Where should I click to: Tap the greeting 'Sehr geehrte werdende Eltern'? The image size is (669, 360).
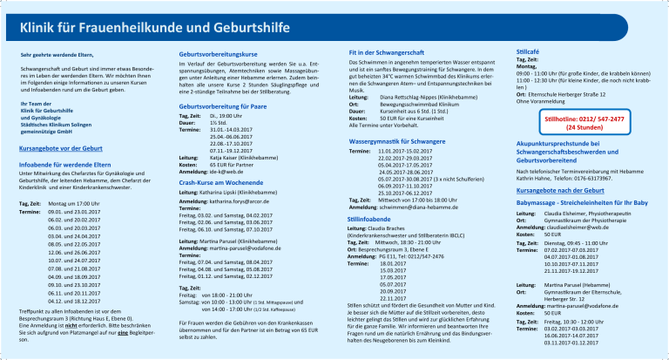click(57, 56)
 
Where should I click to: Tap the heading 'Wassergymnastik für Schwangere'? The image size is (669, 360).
click(396, 139)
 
